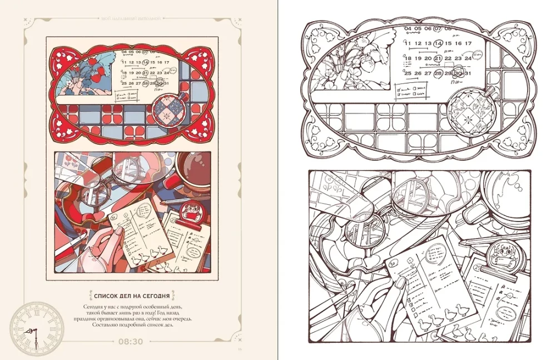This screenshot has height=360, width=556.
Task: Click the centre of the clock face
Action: (x=34, y=326)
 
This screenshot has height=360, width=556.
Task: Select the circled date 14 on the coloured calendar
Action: (x=146, y=62)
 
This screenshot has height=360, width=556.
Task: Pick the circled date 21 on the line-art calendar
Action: (x=438, y=58)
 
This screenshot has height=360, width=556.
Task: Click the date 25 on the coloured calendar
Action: (x=125, y=83)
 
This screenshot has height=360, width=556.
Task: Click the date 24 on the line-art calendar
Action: (x=469, y=58)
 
